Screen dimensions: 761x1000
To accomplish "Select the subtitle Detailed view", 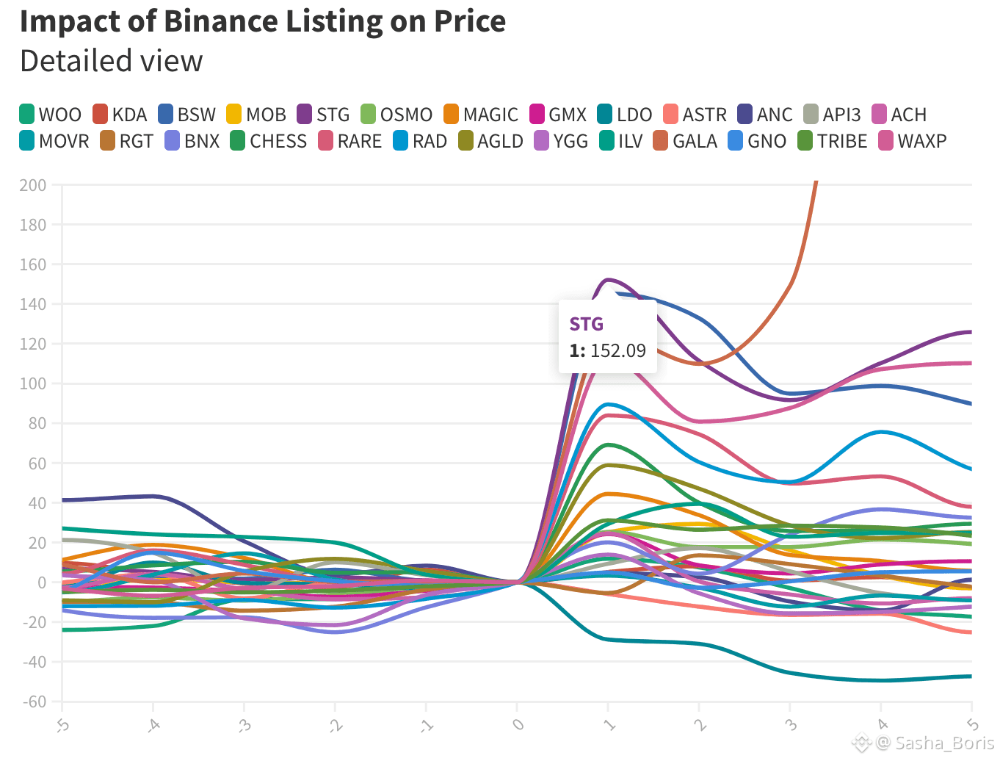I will (x=112, y=61).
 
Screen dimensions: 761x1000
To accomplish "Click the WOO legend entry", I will (x=51, y=115).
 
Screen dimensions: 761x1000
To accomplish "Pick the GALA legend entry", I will (x=685, y=141).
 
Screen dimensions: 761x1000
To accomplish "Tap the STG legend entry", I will (x=324, y=115).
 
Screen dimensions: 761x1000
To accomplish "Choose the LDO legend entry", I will (x=625, y=115).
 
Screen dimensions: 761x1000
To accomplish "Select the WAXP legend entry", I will (x=913, y=141).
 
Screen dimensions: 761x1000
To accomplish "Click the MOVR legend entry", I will (x=54, y=141).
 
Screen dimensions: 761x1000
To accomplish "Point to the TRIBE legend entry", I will (x=833, y=141).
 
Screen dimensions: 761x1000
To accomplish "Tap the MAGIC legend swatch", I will (x=451, y=115).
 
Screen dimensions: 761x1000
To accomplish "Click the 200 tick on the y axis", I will (x=33, y=185).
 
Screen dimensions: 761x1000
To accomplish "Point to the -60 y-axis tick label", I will (x=33, y=702).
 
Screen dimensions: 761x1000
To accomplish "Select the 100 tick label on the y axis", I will (x=33, y=383).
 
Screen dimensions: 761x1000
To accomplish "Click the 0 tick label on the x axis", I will (x=518, y=724).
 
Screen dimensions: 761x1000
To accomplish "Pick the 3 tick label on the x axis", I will (x=791, y=725).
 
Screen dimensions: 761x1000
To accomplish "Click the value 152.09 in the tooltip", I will (x=618, y=350).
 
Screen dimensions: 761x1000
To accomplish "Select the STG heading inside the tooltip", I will (x=586, y=324).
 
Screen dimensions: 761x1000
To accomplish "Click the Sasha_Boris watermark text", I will (x=944, y=743).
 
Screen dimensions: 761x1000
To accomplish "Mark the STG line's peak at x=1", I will (x=608, y=279).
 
